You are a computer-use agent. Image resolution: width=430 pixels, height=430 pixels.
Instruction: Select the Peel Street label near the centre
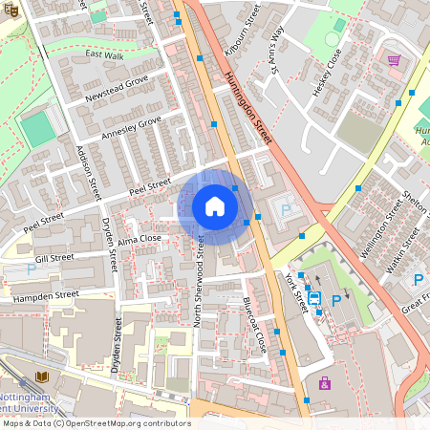(x=150, y=183)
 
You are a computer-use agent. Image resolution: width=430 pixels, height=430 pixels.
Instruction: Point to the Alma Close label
(x=140, y=239)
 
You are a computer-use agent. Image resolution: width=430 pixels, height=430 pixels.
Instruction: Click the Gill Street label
(x=54, y=258)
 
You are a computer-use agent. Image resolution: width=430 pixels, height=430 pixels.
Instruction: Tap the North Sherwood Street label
(x=200, y=283)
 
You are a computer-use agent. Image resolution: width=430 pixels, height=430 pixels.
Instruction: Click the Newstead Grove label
(x=117, y=90)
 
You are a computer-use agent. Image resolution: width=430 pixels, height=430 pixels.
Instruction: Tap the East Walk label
(x=104, y=55)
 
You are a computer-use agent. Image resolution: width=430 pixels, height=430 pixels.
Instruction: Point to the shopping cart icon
(x=394, y=59)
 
